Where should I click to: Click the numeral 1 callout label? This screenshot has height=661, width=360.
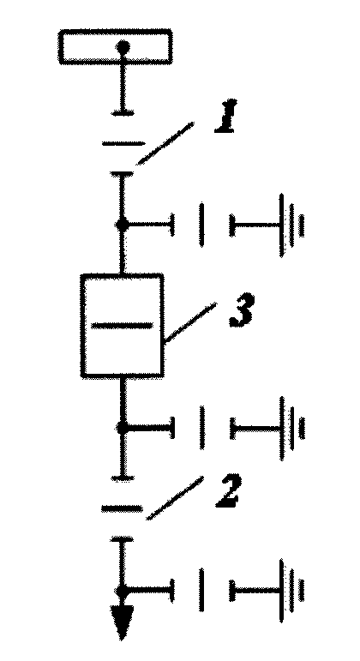(225, 116)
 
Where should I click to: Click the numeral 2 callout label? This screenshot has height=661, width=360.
(227, 490)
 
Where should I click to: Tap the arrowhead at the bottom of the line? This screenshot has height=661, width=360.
(123, 622)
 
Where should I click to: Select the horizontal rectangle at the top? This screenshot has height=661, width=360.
(115, 46)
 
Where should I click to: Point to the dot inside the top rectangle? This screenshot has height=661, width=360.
(123, 45)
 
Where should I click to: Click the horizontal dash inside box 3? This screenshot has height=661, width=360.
(122, 325)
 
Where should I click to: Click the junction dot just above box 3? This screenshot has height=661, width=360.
(122, 225)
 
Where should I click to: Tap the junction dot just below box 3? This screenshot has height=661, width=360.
(122, 429)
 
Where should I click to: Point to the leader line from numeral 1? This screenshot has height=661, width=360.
(165, 143)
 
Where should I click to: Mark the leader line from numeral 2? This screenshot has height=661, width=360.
(175, 498)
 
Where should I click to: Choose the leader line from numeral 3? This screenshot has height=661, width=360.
(190, 323)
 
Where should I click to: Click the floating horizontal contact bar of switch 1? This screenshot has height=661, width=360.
(123, 144)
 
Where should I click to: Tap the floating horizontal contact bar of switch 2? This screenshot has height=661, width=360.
(122, 508)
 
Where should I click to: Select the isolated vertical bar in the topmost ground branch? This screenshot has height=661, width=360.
(202, 225)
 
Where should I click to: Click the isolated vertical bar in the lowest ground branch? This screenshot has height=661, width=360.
(202, 591)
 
